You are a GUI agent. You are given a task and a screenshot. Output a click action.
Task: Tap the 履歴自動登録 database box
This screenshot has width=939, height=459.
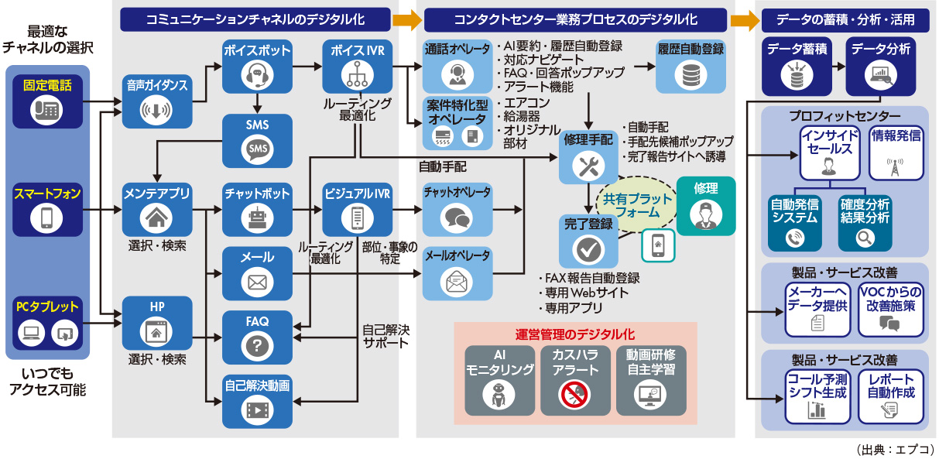[691, 67]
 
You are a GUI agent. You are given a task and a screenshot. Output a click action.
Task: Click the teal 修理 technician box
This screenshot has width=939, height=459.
[705, 206]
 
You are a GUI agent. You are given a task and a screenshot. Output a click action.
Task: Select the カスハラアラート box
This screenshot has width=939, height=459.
[574, 379]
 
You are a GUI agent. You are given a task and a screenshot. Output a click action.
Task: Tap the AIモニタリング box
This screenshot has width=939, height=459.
[499, 379]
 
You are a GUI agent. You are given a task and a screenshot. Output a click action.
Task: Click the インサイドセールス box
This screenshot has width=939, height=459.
[827, 151]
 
